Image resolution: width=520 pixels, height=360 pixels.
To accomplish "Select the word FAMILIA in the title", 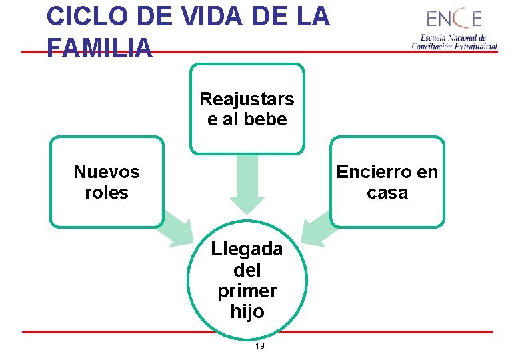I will coord(100,47).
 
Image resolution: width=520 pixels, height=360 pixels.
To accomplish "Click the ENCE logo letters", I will coord(454,19).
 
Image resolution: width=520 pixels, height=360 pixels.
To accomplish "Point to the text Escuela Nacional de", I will coord(453,38).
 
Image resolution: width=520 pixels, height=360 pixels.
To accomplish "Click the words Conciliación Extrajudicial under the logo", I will coord(454,47).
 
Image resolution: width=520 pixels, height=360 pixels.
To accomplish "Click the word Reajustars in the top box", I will coord(247,99).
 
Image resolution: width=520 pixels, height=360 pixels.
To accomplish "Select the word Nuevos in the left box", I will coord(107,172).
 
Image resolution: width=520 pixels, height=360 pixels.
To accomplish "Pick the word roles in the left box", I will coord(107,193).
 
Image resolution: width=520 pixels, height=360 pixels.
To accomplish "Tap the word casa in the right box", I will coord(387,193).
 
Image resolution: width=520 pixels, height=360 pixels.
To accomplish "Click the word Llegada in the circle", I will coord(247,249).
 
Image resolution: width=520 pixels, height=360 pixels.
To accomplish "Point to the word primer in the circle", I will coord(247,291).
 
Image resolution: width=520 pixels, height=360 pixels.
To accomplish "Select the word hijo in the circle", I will coord(247,311).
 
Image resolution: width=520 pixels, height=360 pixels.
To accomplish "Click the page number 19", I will coord(260,346).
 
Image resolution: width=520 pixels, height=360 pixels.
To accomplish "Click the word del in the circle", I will coord(247,270).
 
